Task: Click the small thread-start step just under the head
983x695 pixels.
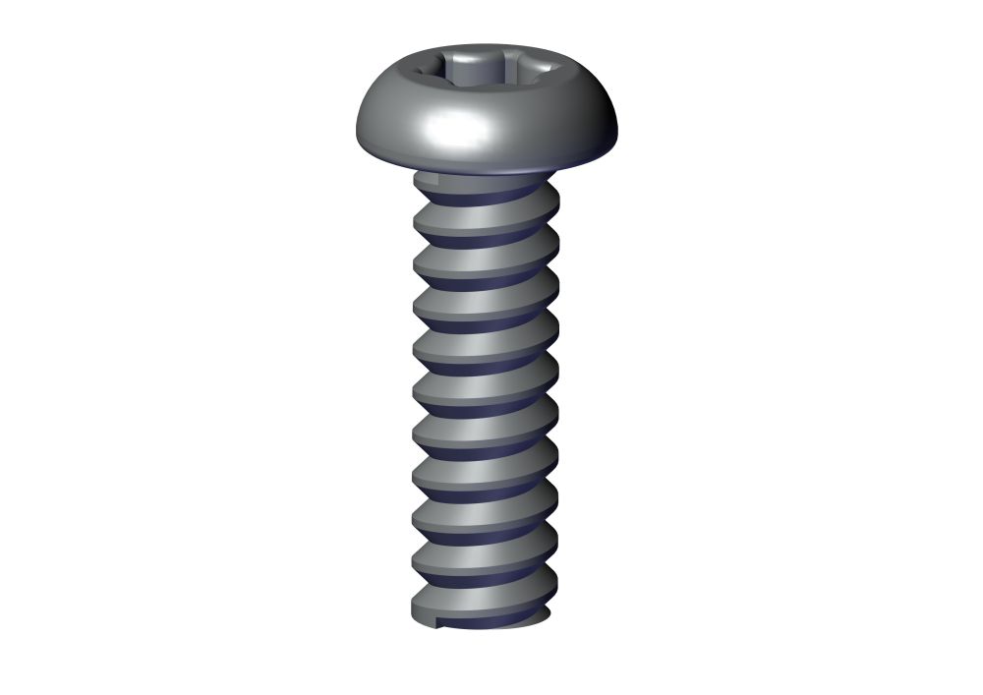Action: (424, 182)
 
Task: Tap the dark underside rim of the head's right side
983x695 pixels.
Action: (580, 157)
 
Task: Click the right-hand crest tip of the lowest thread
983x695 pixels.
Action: (555, 586)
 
